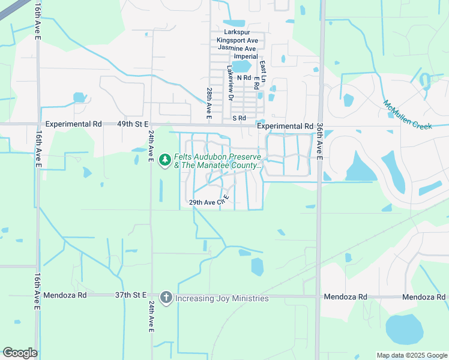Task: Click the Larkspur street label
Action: click(x=235, y=32)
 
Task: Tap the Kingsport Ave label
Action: click(x=237, y=40)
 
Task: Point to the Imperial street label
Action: click(x=246, y=56)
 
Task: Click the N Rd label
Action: click(x=244, y=78)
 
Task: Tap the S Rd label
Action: click(x=240, y=118)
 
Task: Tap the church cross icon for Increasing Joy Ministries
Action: click(x=166, y=298)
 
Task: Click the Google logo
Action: click(x=20, y=353)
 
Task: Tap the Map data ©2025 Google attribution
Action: click(x=411, y=355)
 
